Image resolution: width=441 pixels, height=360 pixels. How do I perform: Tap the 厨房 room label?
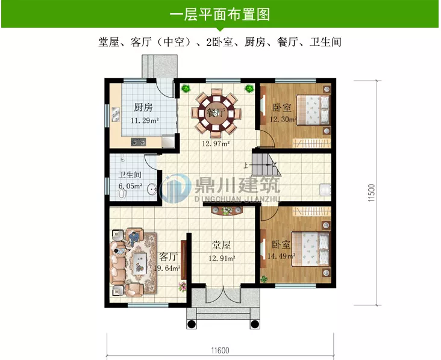(x=143, y=108)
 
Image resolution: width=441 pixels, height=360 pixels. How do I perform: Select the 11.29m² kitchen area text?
(x=145, y=120)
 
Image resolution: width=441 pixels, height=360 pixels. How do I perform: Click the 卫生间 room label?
(x=130, y=176)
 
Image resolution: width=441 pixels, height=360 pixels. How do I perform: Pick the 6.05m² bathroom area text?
(x=130, y=187)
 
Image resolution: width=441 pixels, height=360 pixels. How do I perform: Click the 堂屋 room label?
(x=222, y=246)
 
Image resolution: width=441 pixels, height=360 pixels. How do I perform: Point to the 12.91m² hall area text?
(x=222, y=258)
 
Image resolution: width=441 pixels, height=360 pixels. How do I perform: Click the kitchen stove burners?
(x=138, y=142)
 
